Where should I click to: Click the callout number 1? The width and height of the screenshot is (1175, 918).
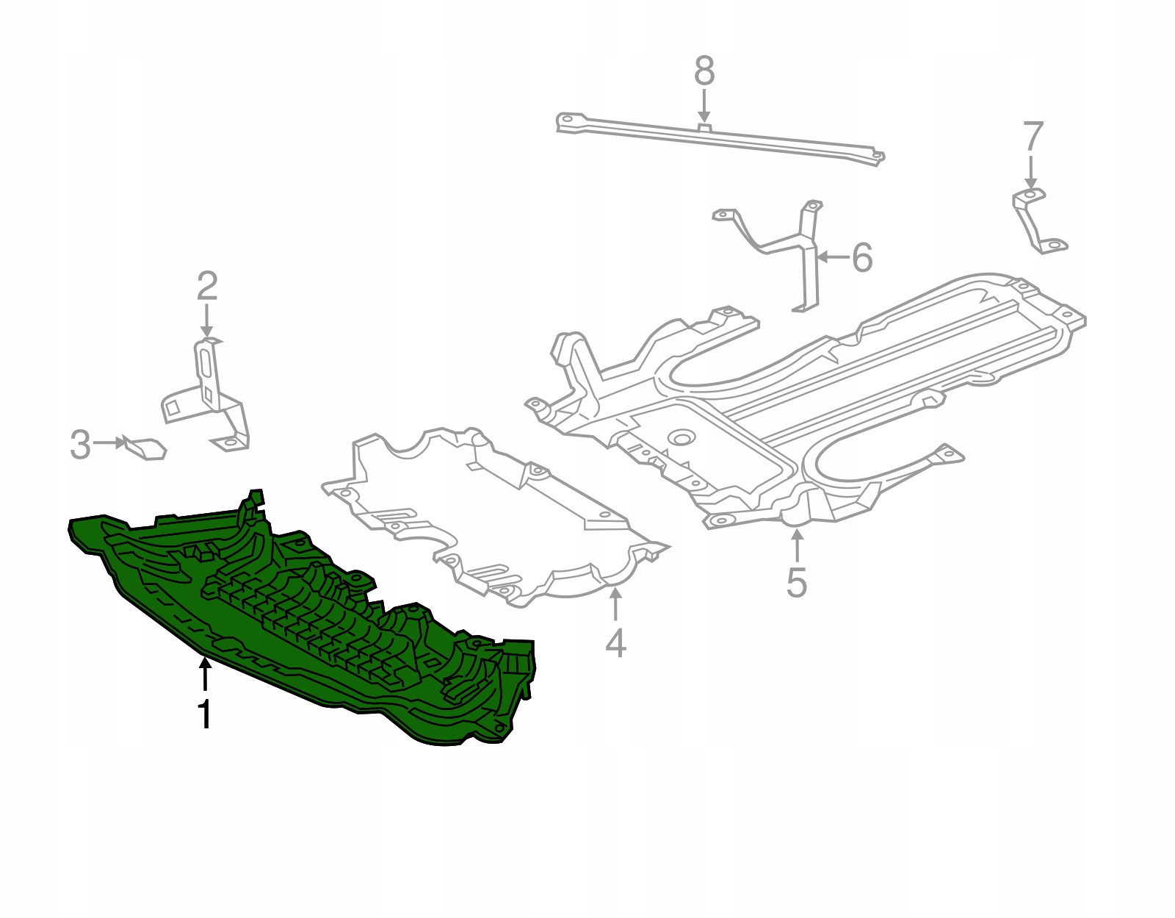204,714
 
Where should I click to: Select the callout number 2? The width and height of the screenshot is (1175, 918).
207,286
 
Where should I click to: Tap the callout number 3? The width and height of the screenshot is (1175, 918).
81,445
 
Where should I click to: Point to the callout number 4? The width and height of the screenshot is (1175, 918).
616,642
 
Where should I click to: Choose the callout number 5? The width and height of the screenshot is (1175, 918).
797,583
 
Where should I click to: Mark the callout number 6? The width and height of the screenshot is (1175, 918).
862,257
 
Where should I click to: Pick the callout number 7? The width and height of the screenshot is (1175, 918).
1033,137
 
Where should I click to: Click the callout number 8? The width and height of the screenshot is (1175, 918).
704,71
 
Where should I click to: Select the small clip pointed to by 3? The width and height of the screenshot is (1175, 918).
145,448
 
